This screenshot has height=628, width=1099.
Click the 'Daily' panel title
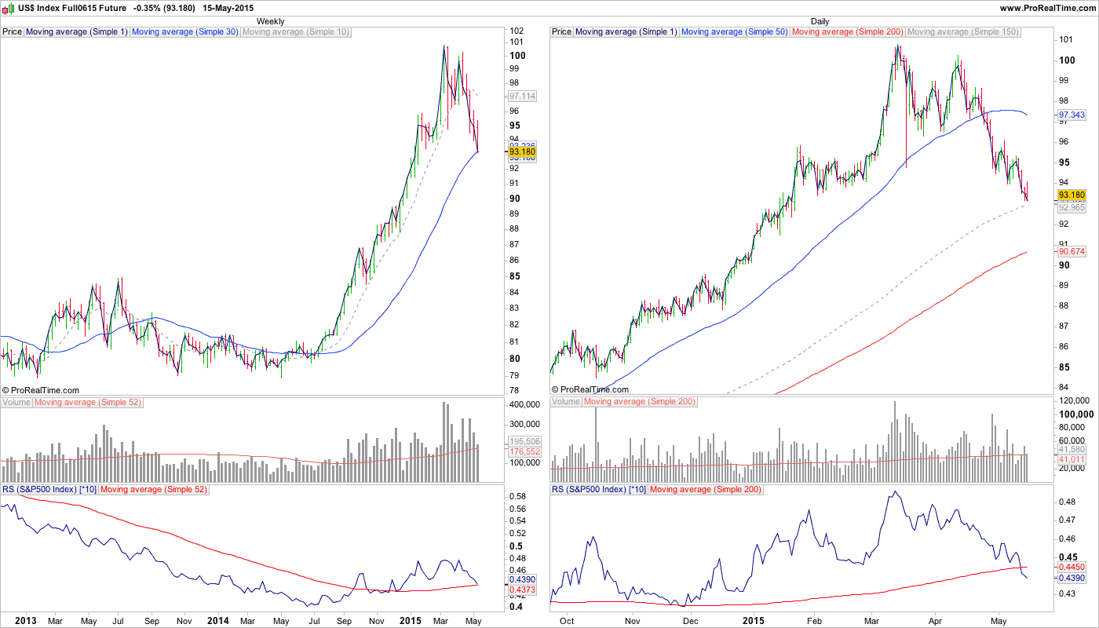tap(820, 21)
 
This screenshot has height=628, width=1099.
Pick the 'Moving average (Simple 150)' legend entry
tap(962, 32)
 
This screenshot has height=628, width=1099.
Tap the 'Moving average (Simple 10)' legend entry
tap(296, 32)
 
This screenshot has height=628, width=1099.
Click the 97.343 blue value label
tap(1072, 115)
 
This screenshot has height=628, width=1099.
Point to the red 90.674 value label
tap(1072, 251)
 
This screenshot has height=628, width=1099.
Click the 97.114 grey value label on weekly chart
tap(522, 96)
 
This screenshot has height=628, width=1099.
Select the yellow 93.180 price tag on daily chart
tap(1072, 195)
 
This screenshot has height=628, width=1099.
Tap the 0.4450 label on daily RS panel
tap(1072, 565)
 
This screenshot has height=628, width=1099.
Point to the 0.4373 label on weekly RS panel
tap(522, 590)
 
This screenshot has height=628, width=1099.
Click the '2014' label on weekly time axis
tap(217, 620)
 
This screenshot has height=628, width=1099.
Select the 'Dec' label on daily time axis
tap(691, 620)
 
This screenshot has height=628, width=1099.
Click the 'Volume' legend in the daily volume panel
tap(566, 402)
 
